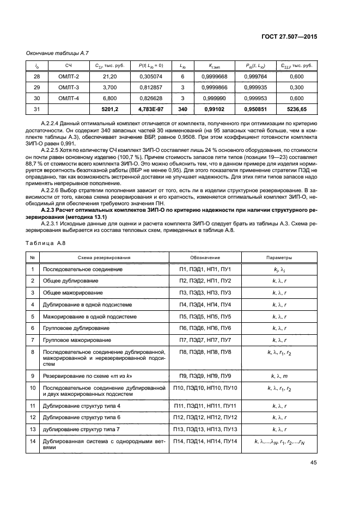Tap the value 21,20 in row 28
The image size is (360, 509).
pyautogui.click(x=103, y=77)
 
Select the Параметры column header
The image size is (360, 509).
pyautogui.click(x=279, y=257)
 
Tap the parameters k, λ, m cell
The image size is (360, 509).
pyautogui.click(x=279, y=376)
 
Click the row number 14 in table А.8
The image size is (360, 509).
pyautogui.click(x=33, y=440)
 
